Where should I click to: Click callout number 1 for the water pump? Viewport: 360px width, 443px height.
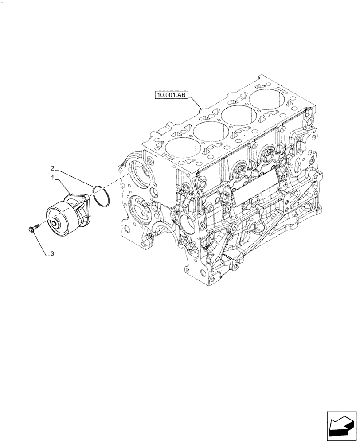pyautogui.click(x=53, y=178)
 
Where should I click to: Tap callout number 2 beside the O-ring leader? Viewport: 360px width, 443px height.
pyautogui.click(x=53, y=168)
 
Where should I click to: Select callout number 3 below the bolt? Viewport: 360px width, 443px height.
pyautogui.click(x=52, y=254)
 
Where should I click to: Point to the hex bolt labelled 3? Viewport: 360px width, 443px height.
pyautogui.click(x=32, y=229)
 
